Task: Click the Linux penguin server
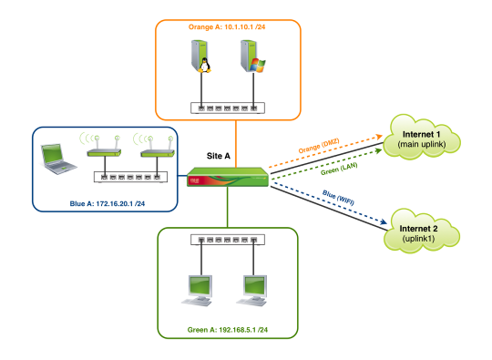tap(200, 57)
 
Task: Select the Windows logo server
tap(252, 57)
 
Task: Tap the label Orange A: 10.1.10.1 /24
tap(227, 27)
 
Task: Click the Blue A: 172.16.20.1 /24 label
tap(107, 204)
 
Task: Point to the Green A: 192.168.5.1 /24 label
tap(228, 330)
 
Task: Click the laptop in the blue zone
tap(58, 159)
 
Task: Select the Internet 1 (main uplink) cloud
tap(422, 138)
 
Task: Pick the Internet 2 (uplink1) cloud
tap(422, 231)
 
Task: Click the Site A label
tap(219, 156)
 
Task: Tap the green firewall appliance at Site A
tap(228, 177)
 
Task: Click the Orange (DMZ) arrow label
tap(319, 146)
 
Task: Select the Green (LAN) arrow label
tap(339, 169)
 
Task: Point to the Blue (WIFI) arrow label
tap(338, 198)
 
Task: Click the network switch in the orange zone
tap(228, 108)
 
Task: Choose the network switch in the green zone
tap(228, 240)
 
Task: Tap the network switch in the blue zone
tap(130, 177)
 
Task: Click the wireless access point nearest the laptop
tap(104, 147)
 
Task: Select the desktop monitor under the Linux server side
tap(198, 291)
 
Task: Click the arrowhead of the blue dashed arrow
tap(384, 221)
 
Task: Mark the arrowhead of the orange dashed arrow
tap(379, 137)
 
